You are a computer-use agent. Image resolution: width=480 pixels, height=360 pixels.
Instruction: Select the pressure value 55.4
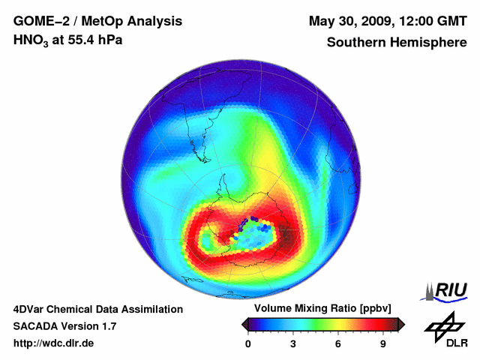tap(80, 40)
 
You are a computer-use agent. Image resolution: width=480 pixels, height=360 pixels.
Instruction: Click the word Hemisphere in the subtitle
tap(427, 42)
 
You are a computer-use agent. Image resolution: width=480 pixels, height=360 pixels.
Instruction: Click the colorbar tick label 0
tap(248, 343)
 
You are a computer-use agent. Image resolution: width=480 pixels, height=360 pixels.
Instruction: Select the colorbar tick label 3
tap(293, 343)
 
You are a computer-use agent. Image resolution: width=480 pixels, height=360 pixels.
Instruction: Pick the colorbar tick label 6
tap(338, 343)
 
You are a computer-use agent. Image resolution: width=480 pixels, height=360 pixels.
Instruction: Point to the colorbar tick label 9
tap(383, 343)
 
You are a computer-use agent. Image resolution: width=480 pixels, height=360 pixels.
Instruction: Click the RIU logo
tap(447, 290)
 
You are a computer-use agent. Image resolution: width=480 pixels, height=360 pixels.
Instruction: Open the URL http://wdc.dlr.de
tap(54, 343)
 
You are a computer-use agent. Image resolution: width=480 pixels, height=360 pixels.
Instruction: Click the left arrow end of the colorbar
tap(245, 323)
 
